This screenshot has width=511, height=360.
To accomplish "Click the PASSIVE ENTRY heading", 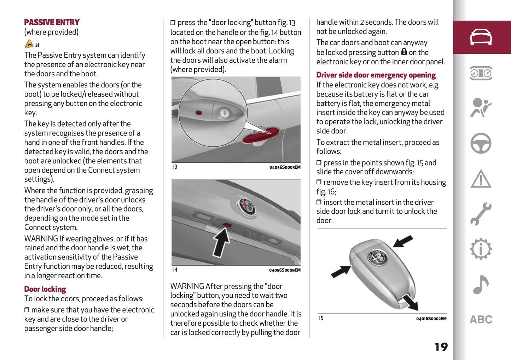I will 52,22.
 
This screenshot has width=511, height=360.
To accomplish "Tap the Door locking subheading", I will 45,289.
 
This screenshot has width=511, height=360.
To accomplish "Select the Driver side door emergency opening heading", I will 376,75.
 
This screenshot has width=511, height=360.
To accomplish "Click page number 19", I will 441,347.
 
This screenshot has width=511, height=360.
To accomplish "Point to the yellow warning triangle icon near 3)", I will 29,44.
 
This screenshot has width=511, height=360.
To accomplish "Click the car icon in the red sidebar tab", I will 481,37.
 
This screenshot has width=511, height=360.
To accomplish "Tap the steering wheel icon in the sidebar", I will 481,143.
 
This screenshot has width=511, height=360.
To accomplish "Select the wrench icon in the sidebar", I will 481,214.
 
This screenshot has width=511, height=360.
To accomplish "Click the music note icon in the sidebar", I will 481,284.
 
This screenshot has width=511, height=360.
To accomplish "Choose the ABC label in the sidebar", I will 481,320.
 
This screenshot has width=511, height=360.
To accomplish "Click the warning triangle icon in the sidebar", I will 481,179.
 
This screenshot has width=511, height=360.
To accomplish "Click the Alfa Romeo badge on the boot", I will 246,206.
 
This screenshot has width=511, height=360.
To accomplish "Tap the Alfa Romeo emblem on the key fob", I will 377,257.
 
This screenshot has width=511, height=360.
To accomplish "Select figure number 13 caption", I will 175,167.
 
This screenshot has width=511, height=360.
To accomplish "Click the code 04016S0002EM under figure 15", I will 431,319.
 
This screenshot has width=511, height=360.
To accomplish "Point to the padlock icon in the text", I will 404,52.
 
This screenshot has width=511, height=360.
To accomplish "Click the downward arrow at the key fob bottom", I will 411,303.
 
